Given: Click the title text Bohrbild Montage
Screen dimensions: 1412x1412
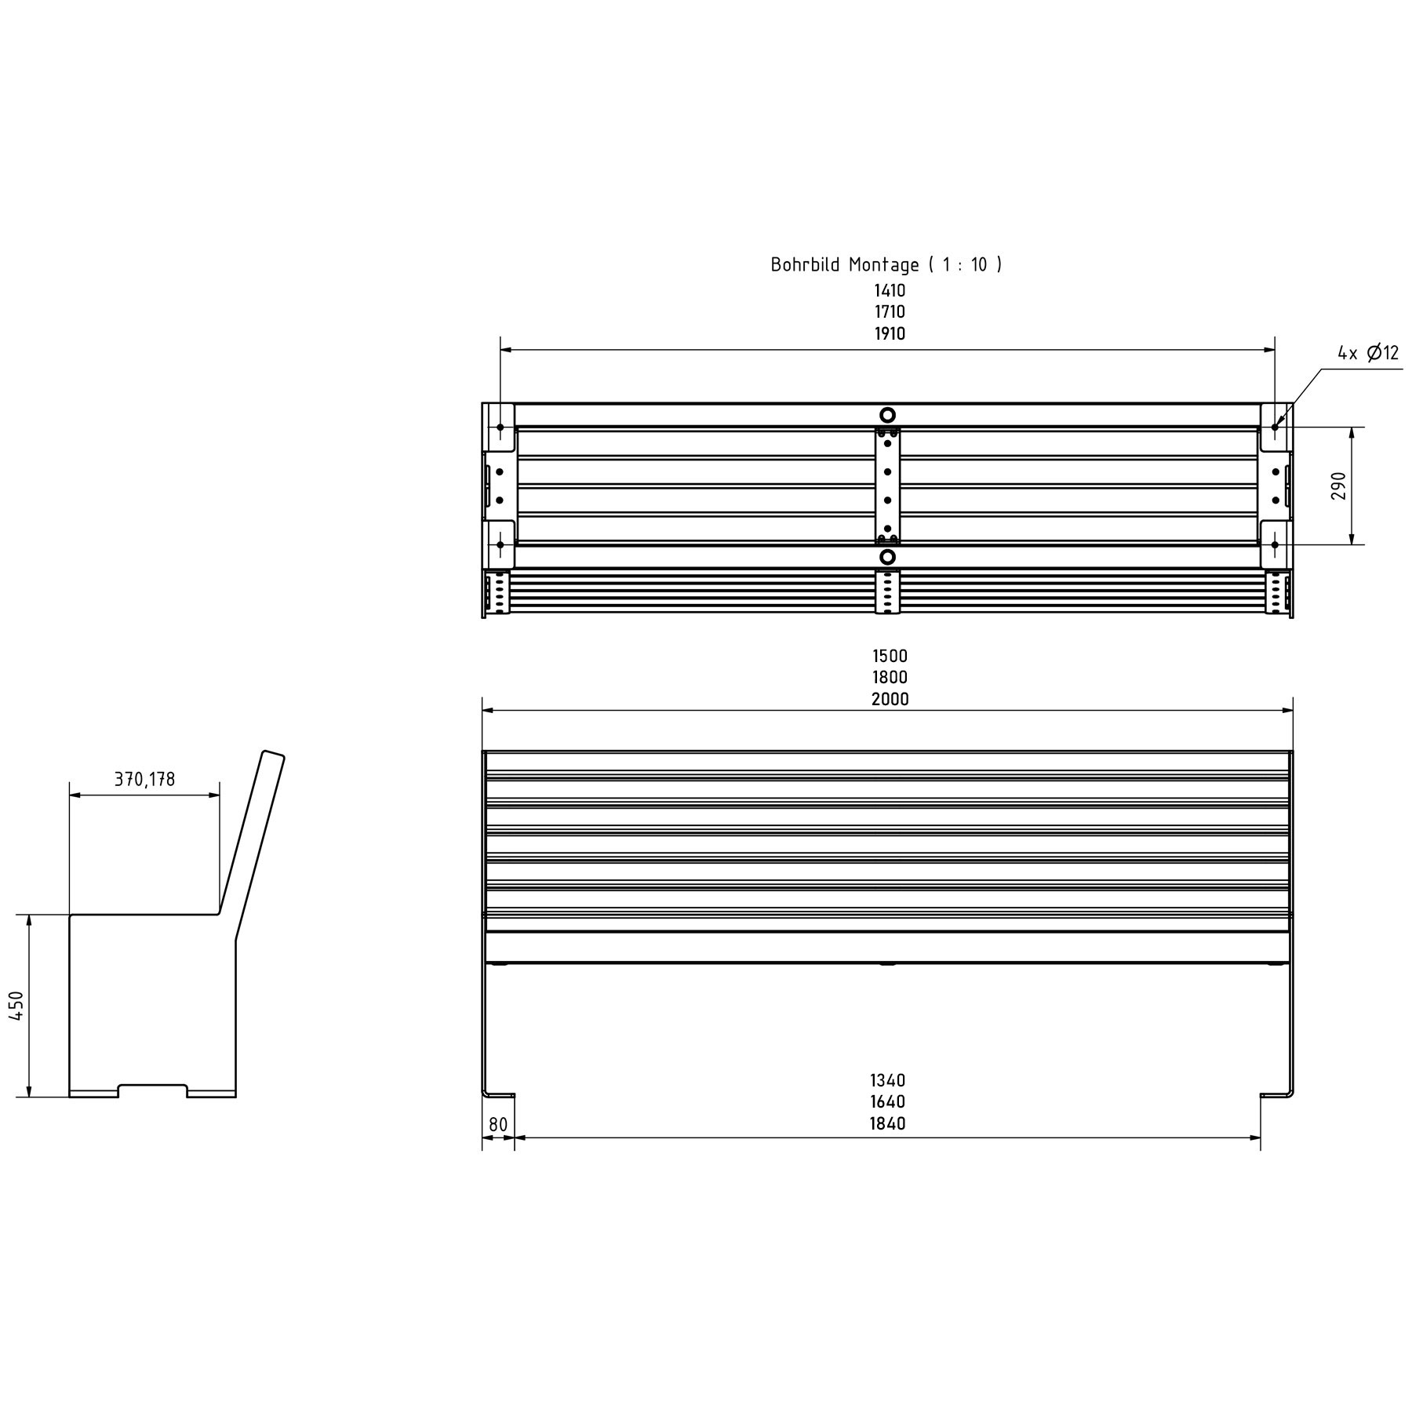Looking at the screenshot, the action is pos(844,264).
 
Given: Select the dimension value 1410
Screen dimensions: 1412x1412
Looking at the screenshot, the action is pos(890,290).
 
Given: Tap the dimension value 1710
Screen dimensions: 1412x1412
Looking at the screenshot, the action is pos(890,312).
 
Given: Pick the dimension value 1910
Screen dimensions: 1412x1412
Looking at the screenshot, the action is pos(890,334).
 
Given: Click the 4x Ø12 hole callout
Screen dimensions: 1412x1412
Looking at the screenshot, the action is pos(1368,353).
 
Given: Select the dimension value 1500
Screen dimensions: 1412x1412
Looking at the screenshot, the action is pos(890,656).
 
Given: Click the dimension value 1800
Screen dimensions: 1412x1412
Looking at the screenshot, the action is pos(890,678).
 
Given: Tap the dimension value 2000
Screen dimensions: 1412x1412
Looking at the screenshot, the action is pos(890,700).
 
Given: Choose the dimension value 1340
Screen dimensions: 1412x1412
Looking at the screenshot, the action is pos(887,1080).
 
